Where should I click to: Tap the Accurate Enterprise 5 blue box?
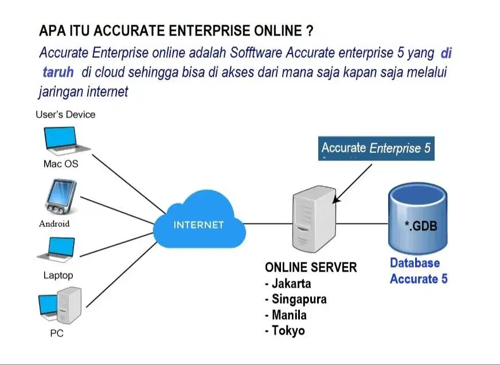tap(376, 148)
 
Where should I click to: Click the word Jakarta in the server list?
tap(291, 284)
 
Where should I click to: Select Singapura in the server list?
tap(299, 299)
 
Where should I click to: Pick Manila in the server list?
tap(289, 315)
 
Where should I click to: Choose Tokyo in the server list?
tap(288, 331)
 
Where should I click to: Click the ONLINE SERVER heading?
tap(310, 268)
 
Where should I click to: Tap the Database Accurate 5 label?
tap(418, 271)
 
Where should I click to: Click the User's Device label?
tap(65, 115)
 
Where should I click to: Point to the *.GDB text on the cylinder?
tap(421, 226)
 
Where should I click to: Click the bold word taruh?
tap(58, 73)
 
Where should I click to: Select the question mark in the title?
tap(310, 30)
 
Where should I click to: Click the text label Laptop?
tap(58, 275)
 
